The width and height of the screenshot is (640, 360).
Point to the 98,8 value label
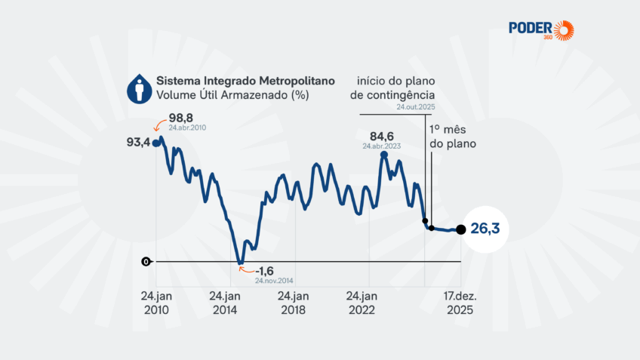[182, 118]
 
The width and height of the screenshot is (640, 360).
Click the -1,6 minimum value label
[264, 271]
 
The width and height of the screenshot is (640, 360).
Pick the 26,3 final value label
[486, 229]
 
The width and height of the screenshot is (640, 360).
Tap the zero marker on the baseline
[145, 262]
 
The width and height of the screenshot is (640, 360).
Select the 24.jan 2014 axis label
[225, 303]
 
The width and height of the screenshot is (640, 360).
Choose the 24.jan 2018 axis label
[293, 303]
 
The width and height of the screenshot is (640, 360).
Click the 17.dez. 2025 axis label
[459, 303]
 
